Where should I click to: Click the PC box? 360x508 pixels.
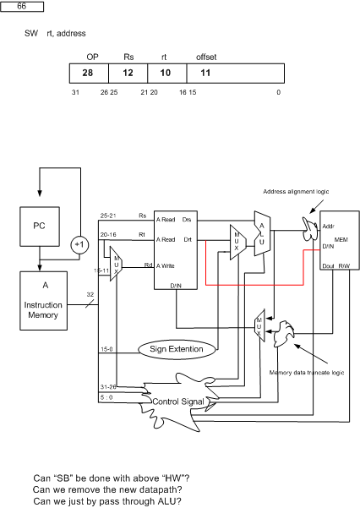40,227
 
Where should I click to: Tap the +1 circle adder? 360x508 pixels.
79,244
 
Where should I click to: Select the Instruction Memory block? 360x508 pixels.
43,301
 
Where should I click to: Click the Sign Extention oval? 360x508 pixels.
177,349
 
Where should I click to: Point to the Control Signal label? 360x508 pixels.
178,401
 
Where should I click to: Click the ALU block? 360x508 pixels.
262,233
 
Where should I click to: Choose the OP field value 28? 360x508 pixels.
88,73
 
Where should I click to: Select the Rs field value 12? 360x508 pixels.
128,73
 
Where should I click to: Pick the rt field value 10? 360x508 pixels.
166,73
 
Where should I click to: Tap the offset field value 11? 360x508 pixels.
205,73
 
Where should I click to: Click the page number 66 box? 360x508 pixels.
22,7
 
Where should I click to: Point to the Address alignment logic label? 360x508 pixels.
296,192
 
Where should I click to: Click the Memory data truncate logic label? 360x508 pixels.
307,373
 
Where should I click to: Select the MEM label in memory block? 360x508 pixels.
341,240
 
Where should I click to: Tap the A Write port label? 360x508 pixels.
166,266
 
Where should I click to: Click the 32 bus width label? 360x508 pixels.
90,294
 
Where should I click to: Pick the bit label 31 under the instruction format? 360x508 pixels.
75,92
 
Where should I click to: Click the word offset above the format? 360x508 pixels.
206,57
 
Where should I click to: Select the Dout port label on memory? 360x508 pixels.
328,266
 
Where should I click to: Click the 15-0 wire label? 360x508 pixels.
106,349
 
